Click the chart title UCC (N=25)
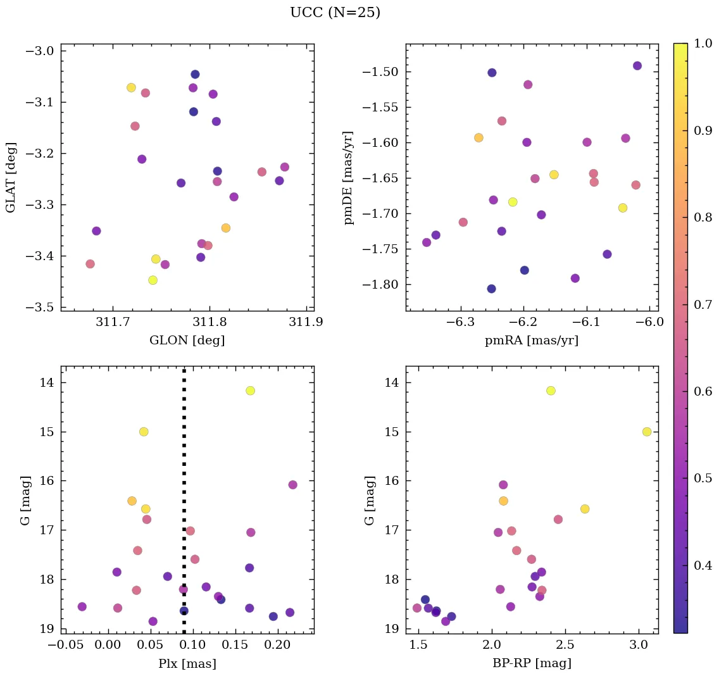335,13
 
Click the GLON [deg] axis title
187,341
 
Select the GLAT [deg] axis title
11,177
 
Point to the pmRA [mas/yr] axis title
532,341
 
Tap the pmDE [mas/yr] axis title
348,178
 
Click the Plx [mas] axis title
187,664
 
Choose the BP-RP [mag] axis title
532,664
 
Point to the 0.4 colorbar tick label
703,565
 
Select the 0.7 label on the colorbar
703,305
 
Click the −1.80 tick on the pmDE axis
378,284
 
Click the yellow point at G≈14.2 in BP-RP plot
551,391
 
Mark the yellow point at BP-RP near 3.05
647,432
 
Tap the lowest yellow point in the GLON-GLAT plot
153,280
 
